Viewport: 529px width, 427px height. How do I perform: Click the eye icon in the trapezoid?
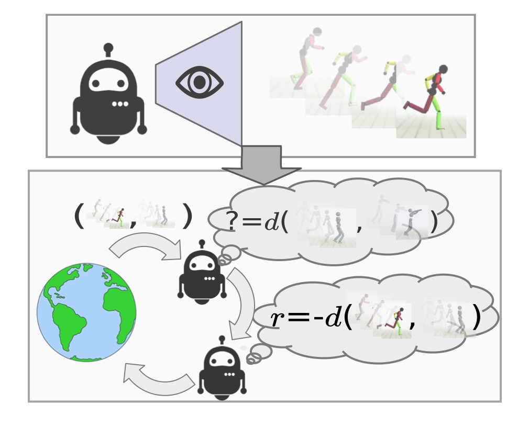pos(200,82)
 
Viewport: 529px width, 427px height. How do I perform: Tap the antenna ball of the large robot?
pos(108,48)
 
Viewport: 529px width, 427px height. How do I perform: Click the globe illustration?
pos(86,312)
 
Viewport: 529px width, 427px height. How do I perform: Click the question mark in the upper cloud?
pos(232,221)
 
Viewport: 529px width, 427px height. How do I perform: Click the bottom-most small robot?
pos(222,369)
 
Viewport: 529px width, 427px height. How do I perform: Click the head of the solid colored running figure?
pos(443,70)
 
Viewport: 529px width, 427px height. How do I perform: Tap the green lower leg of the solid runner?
pos(439,120)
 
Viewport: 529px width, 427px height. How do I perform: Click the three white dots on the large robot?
pos(120,104)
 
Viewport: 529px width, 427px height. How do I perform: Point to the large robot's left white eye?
pos(96,83)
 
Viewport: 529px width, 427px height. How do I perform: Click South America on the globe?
pos(69,323)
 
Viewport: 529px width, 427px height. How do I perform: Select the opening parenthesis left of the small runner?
pos(79,216)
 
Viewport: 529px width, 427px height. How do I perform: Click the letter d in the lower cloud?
pos(332,317)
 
